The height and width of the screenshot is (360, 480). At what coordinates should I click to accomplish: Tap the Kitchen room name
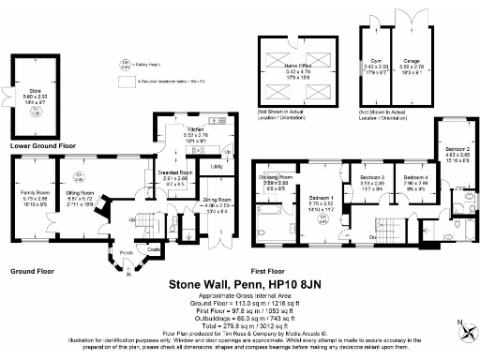click(x=169, y=128)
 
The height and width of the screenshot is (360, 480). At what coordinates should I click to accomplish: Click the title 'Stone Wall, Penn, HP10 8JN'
click(x=239, y=282)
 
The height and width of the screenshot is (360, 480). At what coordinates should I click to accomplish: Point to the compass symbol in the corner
click(x=465, y=327)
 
